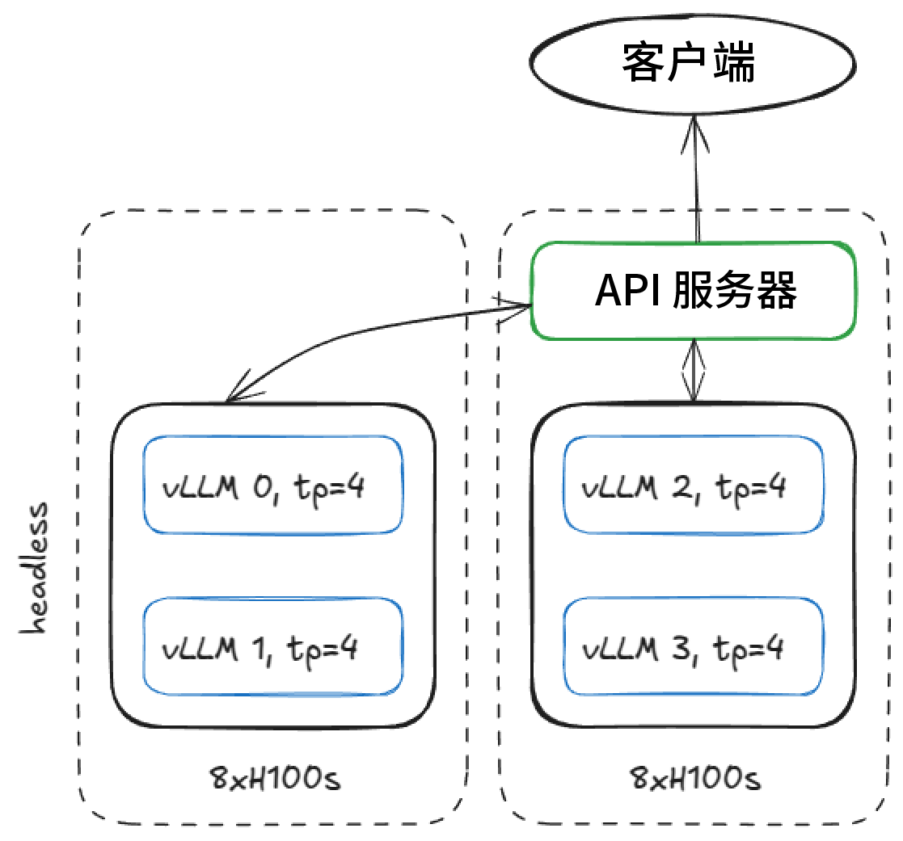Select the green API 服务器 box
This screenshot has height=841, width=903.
[693, 290]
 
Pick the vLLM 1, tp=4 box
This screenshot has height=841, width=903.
[272, 646]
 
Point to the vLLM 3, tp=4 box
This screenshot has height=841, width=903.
[693, 646]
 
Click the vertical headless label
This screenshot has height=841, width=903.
[35, 570]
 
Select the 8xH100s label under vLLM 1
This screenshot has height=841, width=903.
[274, 780]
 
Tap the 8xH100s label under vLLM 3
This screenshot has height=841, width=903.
[694, 780]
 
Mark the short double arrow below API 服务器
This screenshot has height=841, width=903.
[693, 370]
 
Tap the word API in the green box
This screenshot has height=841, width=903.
[622, 291]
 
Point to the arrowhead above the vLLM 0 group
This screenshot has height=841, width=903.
[237, 393]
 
